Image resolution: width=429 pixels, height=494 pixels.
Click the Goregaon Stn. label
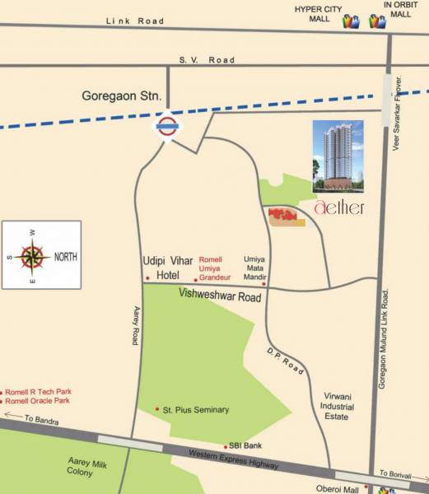(121, 96)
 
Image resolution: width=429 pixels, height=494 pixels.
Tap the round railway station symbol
(169, 126)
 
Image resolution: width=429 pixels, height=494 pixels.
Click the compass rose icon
(33, 256)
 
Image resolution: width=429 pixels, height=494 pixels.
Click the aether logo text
(338, 207)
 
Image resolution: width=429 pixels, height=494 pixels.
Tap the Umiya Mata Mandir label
(254, 268)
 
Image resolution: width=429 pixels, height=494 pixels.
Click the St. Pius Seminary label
(196, 409)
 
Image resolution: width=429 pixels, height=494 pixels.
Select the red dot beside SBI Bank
(226, 447)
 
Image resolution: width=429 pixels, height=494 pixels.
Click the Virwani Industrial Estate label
(338, 407)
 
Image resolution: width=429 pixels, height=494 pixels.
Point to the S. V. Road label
(207, 60)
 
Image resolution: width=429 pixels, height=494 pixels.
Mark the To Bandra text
(40, 419)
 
